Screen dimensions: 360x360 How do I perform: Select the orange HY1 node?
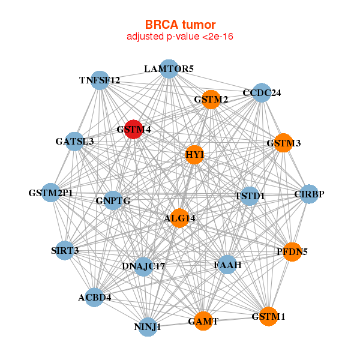point(194,155)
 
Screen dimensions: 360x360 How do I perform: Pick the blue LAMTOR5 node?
point(169,68)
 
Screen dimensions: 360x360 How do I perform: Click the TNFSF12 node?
point(100,80)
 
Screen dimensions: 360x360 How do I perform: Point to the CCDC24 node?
point(261,93)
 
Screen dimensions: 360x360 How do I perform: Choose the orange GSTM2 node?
point(211,99)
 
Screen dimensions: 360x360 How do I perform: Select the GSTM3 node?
point(283,143)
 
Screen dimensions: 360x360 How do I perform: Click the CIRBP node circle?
point(309,194)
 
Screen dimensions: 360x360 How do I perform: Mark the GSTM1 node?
point(268,316)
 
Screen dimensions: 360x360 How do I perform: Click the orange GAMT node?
point(203,321)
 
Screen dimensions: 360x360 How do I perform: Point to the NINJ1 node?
point(148,327)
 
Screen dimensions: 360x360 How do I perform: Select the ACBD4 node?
point(94,296)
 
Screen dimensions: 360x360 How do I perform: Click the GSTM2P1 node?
point(52,193)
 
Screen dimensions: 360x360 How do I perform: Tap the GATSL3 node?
point(74,142)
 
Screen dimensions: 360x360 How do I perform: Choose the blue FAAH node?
point(227,264)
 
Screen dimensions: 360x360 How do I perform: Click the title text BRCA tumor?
point(180,25)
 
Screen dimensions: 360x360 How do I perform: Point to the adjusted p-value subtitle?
point(180,37)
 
